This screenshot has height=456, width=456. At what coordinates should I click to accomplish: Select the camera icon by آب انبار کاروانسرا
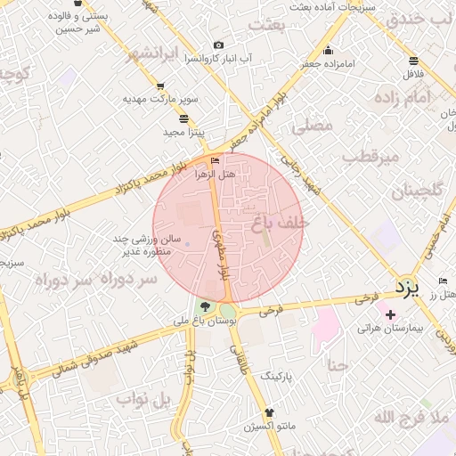click(x=218, y=45)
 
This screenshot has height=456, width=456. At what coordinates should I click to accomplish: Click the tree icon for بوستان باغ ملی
click(x=207, y=307)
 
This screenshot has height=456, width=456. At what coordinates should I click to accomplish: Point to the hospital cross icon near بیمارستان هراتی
click(x=390, y=314)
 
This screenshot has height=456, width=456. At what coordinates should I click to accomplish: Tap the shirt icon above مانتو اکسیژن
click(x=270, y=412)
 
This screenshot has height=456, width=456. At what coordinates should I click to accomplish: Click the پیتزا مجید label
click(x=183, y=132)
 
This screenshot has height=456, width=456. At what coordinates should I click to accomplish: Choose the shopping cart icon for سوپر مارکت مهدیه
click(x=160, y=86)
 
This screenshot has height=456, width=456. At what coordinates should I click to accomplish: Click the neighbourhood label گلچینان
click(x=416, y=190)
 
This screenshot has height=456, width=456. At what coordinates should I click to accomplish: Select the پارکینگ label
click(x=275, y=378)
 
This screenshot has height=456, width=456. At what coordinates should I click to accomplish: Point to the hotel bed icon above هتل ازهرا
click(x=214, y=161)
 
